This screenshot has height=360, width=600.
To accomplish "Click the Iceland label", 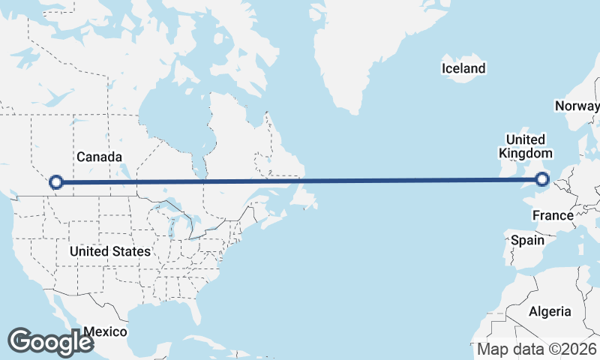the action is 463,69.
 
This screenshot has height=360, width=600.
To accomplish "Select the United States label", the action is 109,251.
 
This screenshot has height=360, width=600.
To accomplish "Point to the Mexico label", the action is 105,331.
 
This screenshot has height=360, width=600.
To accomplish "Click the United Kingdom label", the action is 525,146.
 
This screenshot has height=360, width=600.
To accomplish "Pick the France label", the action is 553,216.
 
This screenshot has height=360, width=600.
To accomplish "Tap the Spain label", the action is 527,241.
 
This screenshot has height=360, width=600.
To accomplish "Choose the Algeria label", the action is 550,311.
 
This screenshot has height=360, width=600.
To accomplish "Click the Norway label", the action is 577,106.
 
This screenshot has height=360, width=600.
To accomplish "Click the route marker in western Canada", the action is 55,181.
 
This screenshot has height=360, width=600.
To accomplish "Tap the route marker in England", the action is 542,179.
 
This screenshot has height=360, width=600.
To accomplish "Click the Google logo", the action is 50,341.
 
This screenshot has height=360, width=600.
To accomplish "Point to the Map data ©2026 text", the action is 537,349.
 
